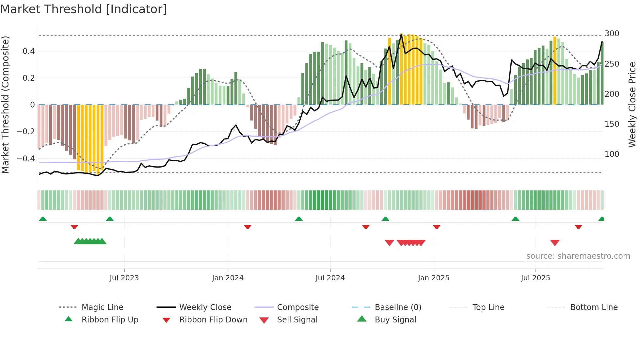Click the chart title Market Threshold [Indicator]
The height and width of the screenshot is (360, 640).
84,9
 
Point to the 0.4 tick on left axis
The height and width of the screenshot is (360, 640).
29,51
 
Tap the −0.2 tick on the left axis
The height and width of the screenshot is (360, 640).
26,132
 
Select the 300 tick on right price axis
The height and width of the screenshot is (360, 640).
612,34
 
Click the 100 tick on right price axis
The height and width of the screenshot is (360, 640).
612,154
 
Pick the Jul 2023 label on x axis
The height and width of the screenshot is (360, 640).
124,278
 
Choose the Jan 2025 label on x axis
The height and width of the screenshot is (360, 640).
434,278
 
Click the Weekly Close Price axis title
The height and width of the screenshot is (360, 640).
632,105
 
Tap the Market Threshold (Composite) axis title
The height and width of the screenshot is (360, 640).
5,105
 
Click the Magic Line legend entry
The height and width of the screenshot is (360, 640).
102,307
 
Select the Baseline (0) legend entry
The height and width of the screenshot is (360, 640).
398,307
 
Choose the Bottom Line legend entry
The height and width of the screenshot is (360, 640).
594,307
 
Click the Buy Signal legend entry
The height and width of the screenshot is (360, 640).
395,320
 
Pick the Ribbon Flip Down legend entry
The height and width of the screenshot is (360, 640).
213,320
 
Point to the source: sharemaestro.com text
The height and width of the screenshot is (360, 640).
578,256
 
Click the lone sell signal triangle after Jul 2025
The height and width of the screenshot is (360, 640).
555,243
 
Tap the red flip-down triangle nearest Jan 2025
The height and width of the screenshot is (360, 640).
437,227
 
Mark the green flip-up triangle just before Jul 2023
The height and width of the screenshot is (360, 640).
110,219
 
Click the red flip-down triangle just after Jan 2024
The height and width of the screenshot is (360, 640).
248,227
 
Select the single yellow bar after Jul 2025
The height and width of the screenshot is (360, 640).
555,70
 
